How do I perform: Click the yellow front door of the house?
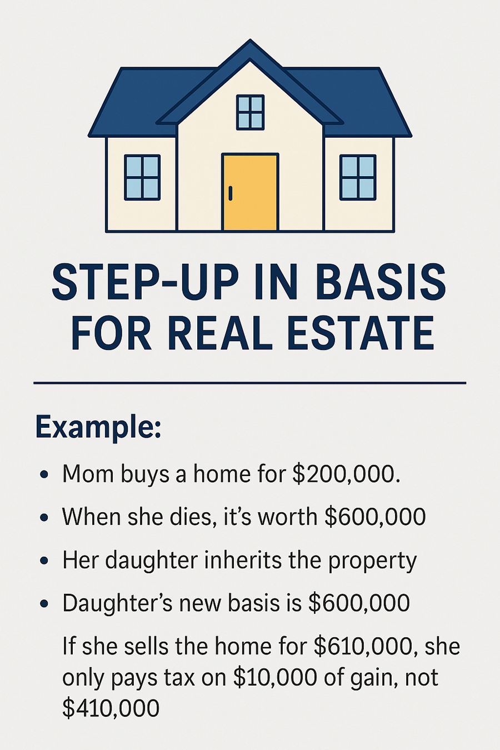coord(251,192)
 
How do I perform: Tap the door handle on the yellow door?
coord(231,193)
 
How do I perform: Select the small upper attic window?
coord(250,112)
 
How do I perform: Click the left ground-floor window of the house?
coord(142,177)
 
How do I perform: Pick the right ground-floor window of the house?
coord(358,177)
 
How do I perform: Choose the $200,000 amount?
coord(346,474)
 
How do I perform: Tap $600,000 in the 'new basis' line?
coord(359,603)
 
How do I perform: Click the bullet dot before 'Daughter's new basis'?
coord(43,603)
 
